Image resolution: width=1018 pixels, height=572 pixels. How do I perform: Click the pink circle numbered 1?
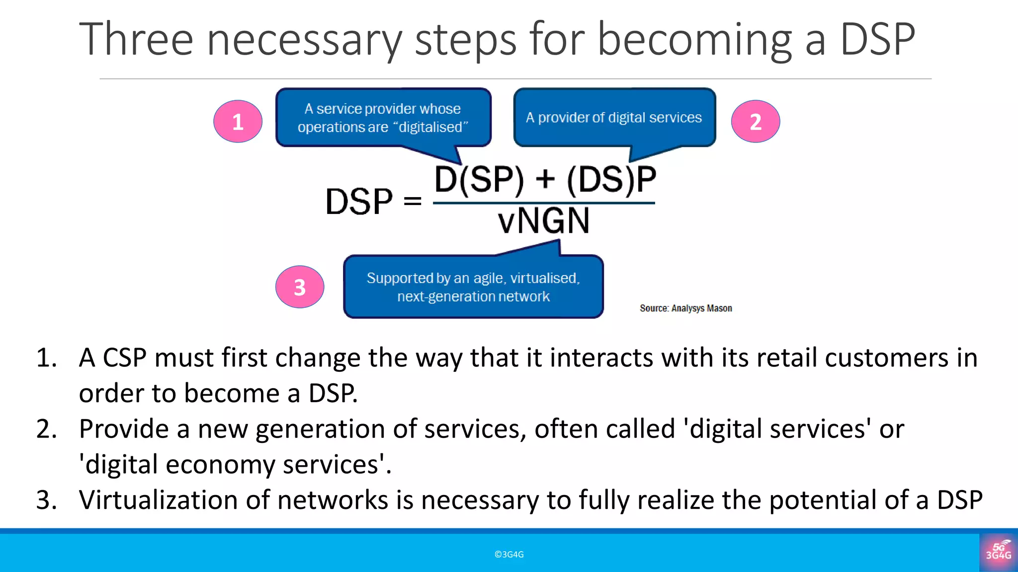(238, 122)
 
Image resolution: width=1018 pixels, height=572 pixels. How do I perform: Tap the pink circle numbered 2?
(755, 122)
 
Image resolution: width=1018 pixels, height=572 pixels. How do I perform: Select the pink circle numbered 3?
(300, 287)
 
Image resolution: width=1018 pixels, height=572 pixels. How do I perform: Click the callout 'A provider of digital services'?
(614, 118)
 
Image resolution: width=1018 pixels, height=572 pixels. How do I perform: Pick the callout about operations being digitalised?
(383, 118)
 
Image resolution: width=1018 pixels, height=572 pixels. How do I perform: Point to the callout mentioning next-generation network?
(473, 287)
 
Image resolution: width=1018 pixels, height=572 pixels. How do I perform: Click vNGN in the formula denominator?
(544, 221)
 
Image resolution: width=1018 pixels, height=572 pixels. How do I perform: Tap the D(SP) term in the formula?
(479, 179)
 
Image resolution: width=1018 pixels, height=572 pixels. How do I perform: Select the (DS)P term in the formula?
(611, 179)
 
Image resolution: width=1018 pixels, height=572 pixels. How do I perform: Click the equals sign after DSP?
(413, 202)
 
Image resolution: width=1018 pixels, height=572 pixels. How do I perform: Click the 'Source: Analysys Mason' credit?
(685, 308)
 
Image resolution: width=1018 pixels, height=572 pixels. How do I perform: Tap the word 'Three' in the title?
(136, 40)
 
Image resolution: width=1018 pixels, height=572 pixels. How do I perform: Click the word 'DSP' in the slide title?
(877, 40)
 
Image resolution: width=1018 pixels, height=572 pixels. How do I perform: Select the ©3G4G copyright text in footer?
(509, 555)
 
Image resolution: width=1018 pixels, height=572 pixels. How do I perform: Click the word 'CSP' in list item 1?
(124, 358)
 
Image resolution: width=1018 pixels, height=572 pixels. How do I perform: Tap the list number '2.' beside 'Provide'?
(47, 429)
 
